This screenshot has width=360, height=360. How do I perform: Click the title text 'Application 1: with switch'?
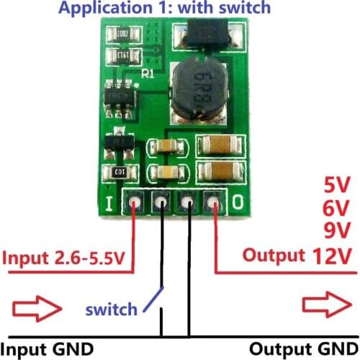(165, 9)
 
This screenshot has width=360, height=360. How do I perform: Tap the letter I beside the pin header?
(109, 204)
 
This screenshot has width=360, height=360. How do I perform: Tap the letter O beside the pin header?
(238, 204)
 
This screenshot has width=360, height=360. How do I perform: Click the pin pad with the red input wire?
(135, 204)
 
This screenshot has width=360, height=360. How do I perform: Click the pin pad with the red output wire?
(214, 204)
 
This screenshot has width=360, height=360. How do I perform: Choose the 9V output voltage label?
(337, 230)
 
